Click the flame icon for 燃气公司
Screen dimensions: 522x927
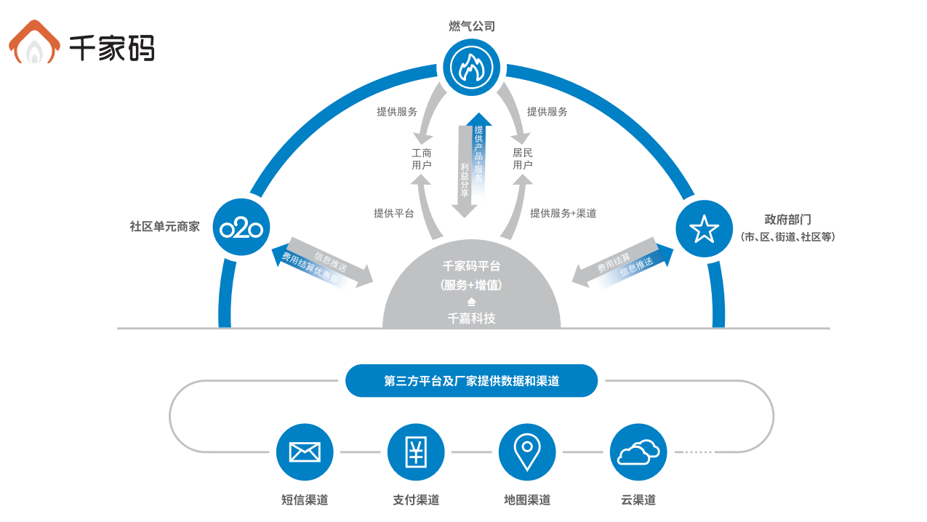click(x=471, y=67)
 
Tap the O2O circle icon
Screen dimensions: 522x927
click(x=241, y=228)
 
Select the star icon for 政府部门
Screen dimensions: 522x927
click(x=704, y=228)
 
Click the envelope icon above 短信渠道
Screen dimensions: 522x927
click(x=305, y=452)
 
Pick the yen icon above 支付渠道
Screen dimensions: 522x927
click(x=416, y=452)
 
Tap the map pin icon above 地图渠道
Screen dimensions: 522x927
click(x=526, y=452)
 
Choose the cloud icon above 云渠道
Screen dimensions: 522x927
click(x=638, y=452)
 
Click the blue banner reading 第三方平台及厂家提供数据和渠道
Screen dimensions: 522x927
click(x=471, y=381)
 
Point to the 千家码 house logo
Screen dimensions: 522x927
click(x=34, y=44)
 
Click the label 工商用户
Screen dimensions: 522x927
click(x=422, y=159)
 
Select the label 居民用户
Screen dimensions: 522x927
click(x=523, y=159)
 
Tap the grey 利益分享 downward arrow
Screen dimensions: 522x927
click(x=464, y=174)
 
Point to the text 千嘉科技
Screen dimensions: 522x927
click(x=471, y=318)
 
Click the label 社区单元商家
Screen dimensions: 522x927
click(x=164, y=226)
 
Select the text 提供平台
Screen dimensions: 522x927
click(x=394, y=213)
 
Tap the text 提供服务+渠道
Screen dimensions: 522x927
click(x=563, y=213)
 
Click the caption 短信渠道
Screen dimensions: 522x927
click(x=305, y=500)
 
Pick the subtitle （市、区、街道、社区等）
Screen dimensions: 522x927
click(x=787, y=237)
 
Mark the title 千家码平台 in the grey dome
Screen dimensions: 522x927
click(x=471, y=266)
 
